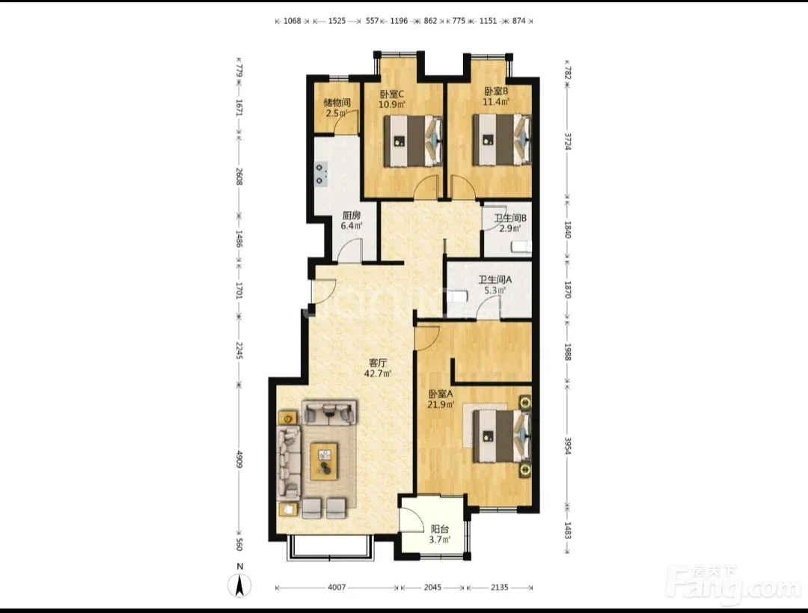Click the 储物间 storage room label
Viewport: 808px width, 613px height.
(x=337, y=102)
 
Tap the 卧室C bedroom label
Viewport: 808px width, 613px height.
(x=391, y=94)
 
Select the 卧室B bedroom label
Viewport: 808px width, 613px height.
(x=496, y=91)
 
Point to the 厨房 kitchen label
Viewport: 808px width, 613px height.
(x=352, y=216)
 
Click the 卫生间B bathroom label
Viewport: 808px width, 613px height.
(x=510, y=218)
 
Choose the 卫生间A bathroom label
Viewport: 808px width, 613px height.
(x=495, y=280)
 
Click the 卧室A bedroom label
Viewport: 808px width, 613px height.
(x=441, y=394)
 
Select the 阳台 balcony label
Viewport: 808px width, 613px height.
(x=440, y=529)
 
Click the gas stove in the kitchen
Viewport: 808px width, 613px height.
(x=321, y=174)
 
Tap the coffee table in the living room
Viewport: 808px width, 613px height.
(x=324, y=461)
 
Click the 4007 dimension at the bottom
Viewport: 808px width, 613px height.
(x=337, y=588)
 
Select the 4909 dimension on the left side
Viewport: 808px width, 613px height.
(x=239, y=460)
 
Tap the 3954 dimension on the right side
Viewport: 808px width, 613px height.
(x=567, y=447)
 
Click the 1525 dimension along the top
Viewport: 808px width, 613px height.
(x=337, y=21)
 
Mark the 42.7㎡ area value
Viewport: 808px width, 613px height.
(x=378, y=373)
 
